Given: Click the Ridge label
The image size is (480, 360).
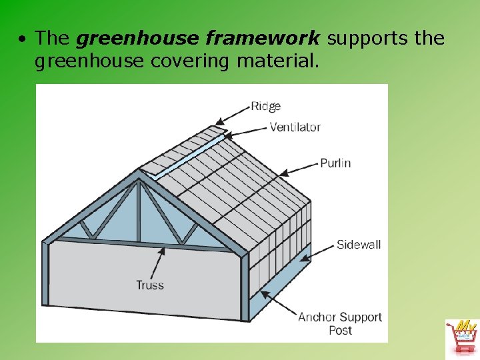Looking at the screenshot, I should click(265, 106).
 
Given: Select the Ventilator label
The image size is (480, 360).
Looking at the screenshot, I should click(295, 127).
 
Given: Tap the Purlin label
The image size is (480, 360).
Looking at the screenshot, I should click(335, 163).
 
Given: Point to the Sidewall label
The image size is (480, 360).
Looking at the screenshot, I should click(358, 245).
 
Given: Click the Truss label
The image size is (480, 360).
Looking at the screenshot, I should click(150, 285).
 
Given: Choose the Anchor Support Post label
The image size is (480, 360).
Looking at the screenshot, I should click(340, 323).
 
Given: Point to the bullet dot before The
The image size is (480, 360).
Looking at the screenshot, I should click(23, 39).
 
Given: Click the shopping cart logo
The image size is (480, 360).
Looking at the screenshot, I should click(462, 337).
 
